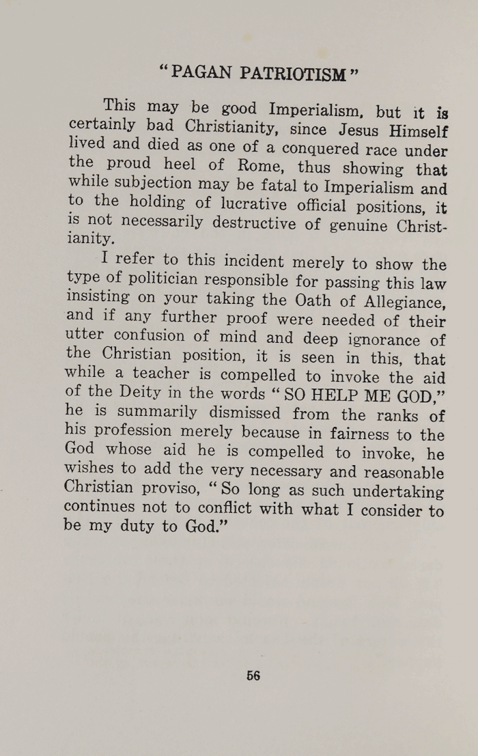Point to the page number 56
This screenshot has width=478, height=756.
coord(253,675)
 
